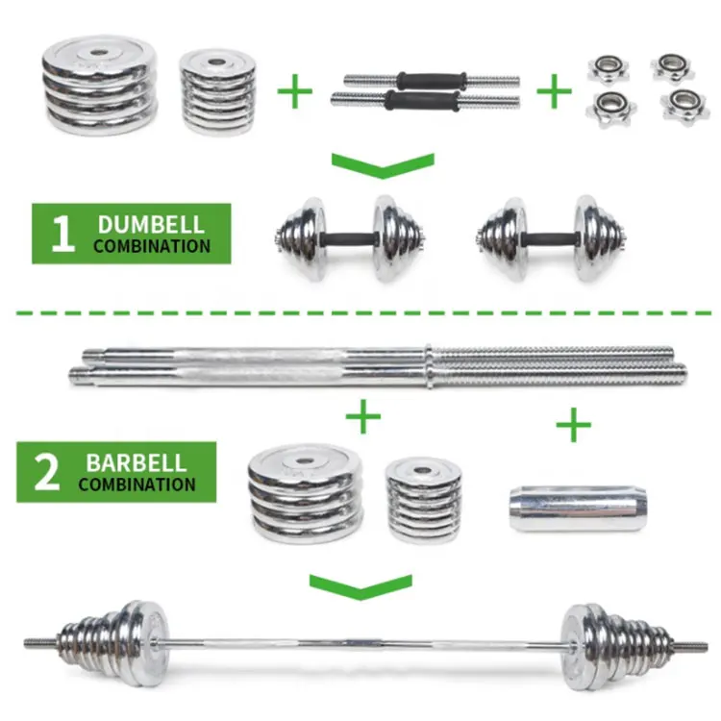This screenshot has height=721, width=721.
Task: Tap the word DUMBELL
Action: click(x=151, y=225)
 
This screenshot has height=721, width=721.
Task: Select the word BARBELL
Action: click(x=137, y=462)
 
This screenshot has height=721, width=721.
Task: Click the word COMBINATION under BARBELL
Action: click(x=137, y=484)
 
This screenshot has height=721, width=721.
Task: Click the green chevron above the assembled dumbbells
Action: click(x=382, y=164)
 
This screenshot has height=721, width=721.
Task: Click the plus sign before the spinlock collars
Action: click(x=553, y=92)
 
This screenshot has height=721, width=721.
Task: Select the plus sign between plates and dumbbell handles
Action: click(x=296, y=92)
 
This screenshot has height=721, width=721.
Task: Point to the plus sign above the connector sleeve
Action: click(x=574, y=424)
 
